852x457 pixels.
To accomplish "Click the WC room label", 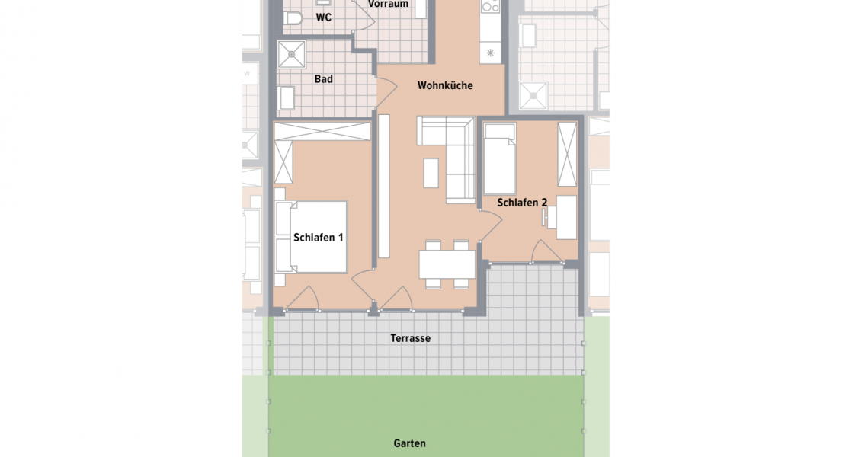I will (324, 18).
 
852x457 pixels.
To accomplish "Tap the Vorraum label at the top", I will (388, 5).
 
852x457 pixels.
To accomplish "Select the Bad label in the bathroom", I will (324, 78).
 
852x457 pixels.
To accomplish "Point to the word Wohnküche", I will (445, 85).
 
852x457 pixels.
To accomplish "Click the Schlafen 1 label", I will (318, 238).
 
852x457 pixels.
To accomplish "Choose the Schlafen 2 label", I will (522, 203).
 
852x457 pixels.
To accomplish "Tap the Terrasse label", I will (410, 338).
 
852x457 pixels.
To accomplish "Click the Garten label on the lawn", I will (410, 443).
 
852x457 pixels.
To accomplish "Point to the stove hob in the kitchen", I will (490, 7).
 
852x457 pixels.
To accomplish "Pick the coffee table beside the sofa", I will (431, 172).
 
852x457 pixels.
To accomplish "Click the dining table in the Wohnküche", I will (447, 264).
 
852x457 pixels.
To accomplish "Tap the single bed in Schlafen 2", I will (500, 158).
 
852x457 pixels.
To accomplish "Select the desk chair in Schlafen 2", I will (547, 218).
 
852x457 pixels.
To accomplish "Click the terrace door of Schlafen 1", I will (303, 299).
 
